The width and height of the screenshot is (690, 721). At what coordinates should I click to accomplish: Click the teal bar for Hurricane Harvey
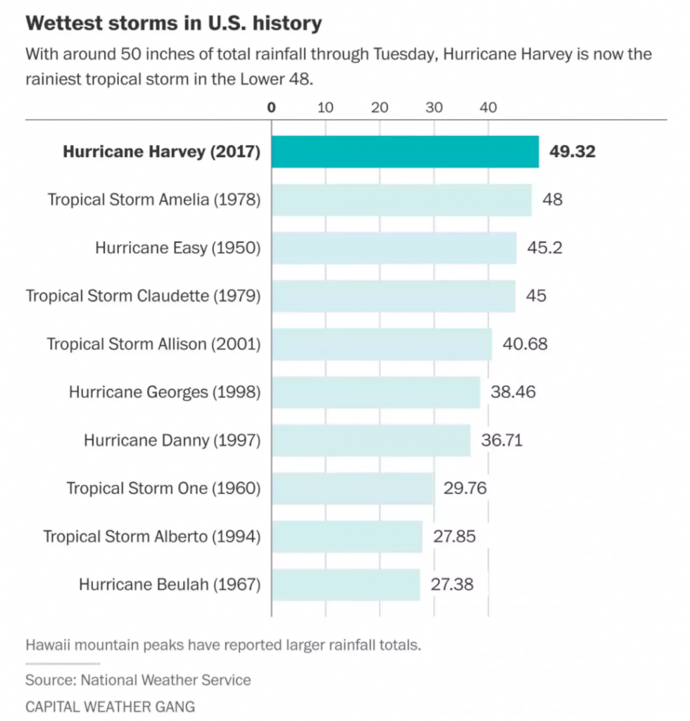click(x=405, y=151)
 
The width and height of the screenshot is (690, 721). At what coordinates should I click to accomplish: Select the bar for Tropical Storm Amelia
click(x=401, y=200)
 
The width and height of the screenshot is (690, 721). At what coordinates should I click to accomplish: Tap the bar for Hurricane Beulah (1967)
click(x=346, y=584)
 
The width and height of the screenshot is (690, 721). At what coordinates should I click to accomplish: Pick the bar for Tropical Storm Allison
click(x=382, y=344)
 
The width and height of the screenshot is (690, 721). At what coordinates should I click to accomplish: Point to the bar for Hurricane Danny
click(x=371, y=440)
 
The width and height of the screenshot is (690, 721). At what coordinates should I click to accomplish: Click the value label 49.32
click(x=572, y=151)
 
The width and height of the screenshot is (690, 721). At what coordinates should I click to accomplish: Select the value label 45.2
click(x=545, y=248)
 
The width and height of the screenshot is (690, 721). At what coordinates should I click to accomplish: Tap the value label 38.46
click(x=513, y=392)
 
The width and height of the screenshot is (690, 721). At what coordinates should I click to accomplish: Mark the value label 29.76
click(x=465, y=488)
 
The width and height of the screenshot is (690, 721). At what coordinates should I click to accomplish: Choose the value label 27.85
click(x=454, y=537)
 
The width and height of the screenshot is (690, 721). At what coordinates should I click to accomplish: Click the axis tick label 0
click(x=272, y=108)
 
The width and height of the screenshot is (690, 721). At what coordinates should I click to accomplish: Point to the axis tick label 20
click(x=379, y=108)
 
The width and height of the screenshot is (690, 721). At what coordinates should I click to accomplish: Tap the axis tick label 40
click(x=488, y=108)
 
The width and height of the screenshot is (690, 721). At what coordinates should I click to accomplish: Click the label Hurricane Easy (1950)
click(x=177, y=248)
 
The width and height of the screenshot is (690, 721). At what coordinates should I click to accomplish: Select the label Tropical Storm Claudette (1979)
click(x=143, y=296)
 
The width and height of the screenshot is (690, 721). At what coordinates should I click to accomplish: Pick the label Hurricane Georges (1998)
click(x=164, y=392)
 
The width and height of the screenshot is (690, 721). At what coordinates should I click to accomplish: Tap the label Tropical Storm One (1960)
click(x=163, y=488)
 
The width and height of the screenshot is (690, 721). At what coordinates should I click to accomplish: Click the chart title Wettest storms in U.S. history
click(x=174, y=23)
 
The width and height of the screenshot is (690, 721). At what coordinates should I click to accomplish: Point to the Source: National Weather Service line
click(x=138, y=680)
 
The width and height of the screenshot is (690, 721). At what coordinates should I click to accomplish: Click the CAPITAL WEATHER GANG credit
click(x=110, y=706)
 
